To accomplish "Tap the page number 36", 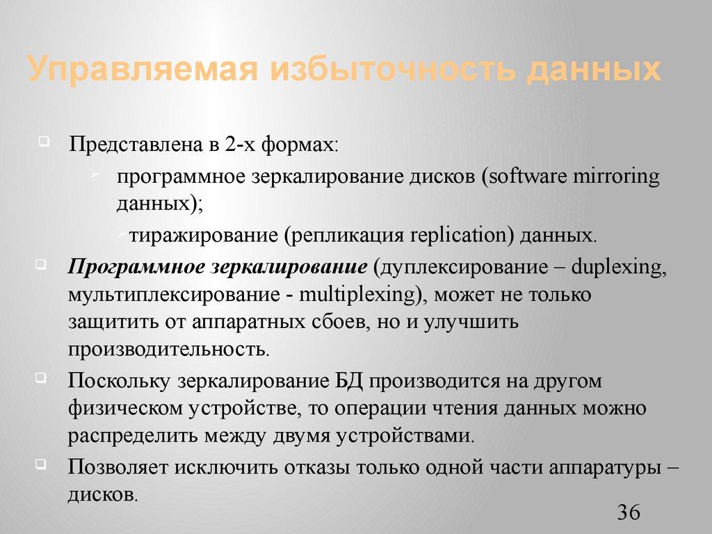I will (x=628, y=513).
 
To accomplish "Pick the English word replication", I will (x=459, y=235).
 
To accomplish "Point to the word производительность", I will (x=168, y=348).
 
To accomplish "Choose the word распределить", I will (x=133, y=435).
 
